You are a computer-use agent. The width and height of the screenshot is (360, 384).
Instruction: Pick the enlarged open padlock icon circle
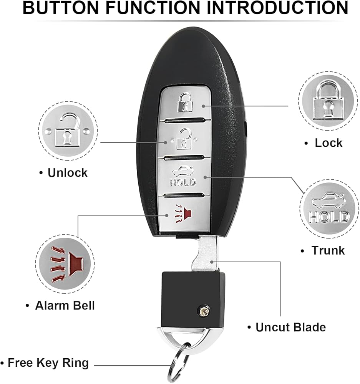tap(68, 132)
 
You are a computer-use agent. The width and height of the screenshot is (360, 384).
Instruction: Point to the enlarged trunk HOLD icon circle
tap(329, 211)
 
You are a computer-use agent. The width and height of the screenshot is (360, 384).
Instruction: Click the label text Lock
tap(328, 143)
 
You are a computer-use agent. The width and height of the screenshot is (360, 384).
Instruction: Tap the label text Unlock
tap(67, 173)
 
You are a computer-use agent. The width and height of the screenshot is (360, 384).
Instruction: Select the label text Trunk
tap(328, 251)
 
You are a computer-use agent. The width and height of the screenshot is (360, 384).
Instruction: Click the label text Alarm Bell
tap(65, 306)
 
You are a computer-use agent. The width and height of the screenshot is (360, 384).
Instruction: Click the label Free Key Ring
tap(48, 362)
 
